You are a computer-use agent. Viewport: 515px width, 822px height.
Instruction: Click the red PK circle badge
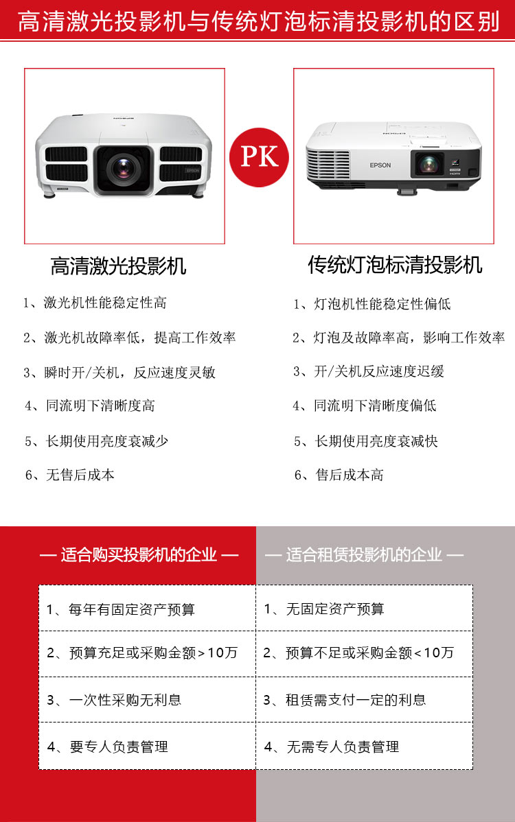pyautogui.click(x=259, y=157)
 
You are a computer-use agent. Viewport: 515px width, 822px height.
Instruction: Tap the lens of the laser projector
pyautogui.click(x=124, y=167)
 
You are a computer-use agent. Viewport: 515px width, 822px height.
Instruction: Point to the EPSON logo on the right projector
pyautogui.click(x=380, y=165)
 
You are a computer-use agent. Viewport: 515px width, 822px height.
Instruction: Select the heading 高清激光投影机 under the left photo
pyautogui.click(x=118, y=266)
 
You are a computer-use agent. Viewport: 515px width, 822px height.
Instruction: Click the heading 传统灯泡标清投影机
pyautogui.click(x=395, y=265)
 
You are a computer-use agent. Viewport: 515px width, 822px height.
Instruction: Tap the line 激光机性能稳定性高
pyautogui.click(x=104, y=303)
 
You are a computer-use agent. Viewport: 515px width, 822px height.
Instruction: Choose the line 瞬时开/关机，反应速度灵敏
pyautogui.click(x=129, y=373)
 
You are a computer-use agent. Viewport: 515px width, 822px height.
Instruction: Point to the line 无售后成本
pyautogui.click(x=80, y=475)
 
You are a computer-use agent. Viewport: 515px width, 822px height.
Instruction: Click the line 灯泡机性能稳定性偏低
pyautogui.click(x=382, y=304)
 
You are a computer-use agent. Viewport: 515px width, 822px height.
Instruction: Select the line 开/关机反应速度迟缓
pyautogui.click(x=378, y=371)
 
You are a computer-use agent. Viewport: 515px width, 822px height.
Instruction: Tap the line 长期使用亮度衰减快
pyautogui.click(x=376, y=441)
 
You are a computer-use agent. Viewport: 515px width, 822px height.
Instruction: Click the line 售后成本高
pyautogui.click(x=349, y=475)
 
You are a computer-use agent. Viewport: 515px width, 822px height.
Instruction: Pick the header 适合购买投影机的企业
pyautogui.click(x=139, y=554)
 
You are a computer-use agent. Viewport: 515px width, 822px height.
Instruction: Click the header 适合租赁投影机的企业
pyautogui.click(x=364, y=554)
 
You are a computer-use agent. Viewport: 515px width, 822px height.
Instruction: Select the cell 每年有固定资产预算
pyautogui.click(x=132, y=609)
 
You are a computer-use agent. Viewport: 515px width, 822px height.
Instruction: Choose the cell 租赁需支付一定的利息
pyautogui.click(x=355, y=700)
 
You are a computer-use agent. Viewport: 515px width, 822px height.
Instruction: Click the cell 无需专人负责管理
pyautogui.click(x=342, y=747)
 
